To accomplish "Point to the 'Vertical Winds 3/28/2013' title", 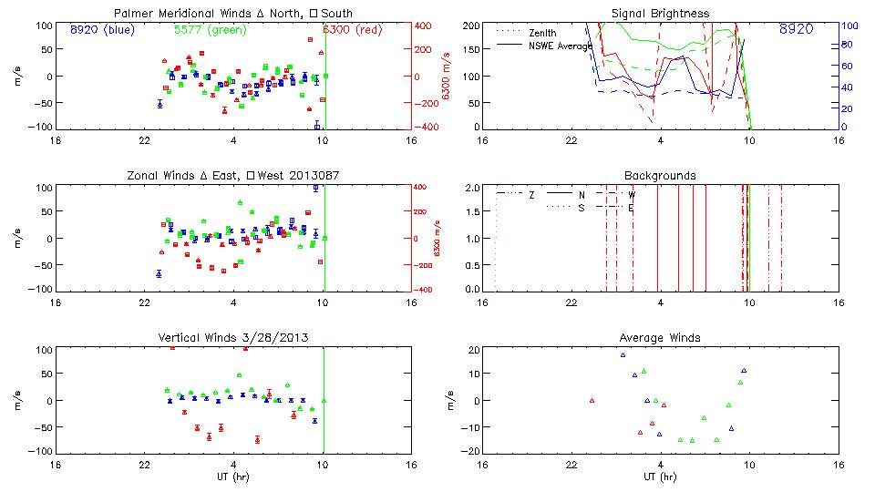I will tap(233, 338).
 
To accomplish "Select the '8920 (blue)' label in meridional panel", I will tap(101, 29).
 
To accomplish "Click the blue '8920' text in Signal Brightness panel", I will tap(797, 29).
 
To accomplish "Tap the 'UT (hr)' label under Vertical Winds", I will tap(233, 477).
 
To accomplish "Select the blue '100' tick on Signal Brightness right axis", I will tap(847, 26).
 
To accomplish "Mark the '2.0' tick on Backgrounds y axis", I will tap(471, 188).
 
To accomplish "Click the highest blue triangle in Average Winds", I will tap(623, 355).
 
